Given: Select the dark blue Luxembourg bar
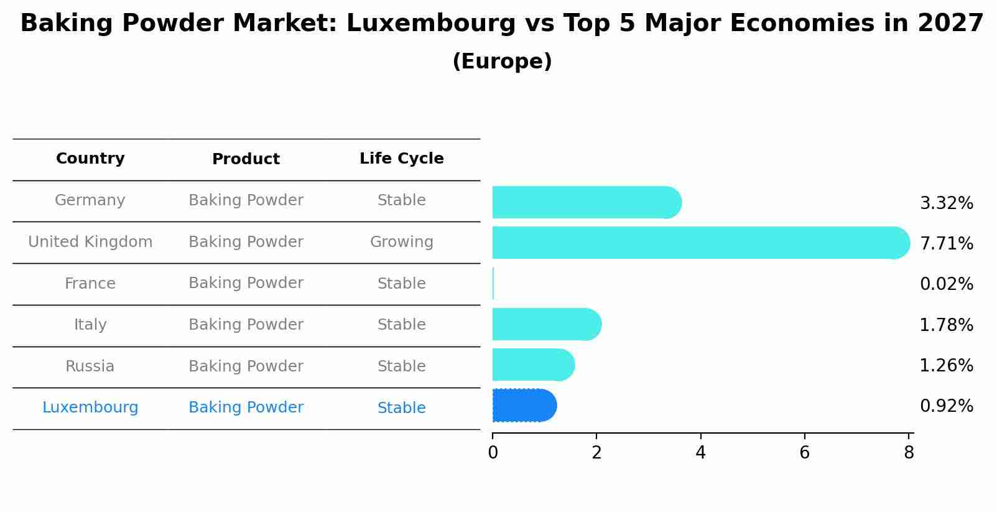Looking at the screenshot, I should tap(524, 406).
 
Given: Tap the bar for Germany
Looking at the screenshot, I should tap(586, 202).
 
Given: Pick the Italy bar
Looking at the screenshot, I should tap(546, 324).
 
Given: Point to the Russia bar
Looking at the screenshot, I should tap(532, 365).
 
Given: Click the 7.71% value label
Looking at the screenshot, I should tap(946, 243).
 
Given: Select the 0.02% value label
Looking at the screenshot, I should tap(946, 284).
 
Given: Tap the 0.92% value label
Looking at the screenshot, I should tap(946, 406).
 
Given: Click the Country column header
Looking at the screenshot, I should tap(90, 159).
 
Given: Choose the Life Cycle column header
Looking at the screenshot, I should tap(401, 159).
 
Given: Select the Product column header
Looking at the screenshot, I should tap(246, 159).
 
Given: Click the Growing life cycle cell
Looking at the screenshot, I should tap(401, 242).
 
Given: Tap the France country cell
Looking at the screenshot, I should tap(90, 284).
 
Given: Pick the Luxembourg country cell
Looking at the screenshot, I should tap(90, 407).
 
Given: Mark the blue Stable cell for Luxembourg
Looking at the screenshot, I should tap(401, 408).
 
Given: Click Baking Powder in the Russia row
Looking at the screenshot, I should tap(246, 366).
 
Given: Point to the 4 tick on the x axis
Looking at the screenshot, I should tap(700, 452).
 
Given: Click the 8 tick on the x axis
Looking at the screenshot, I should tap(909, 452).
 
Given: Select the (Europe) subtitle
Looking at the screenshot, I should tap(502, 62).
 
